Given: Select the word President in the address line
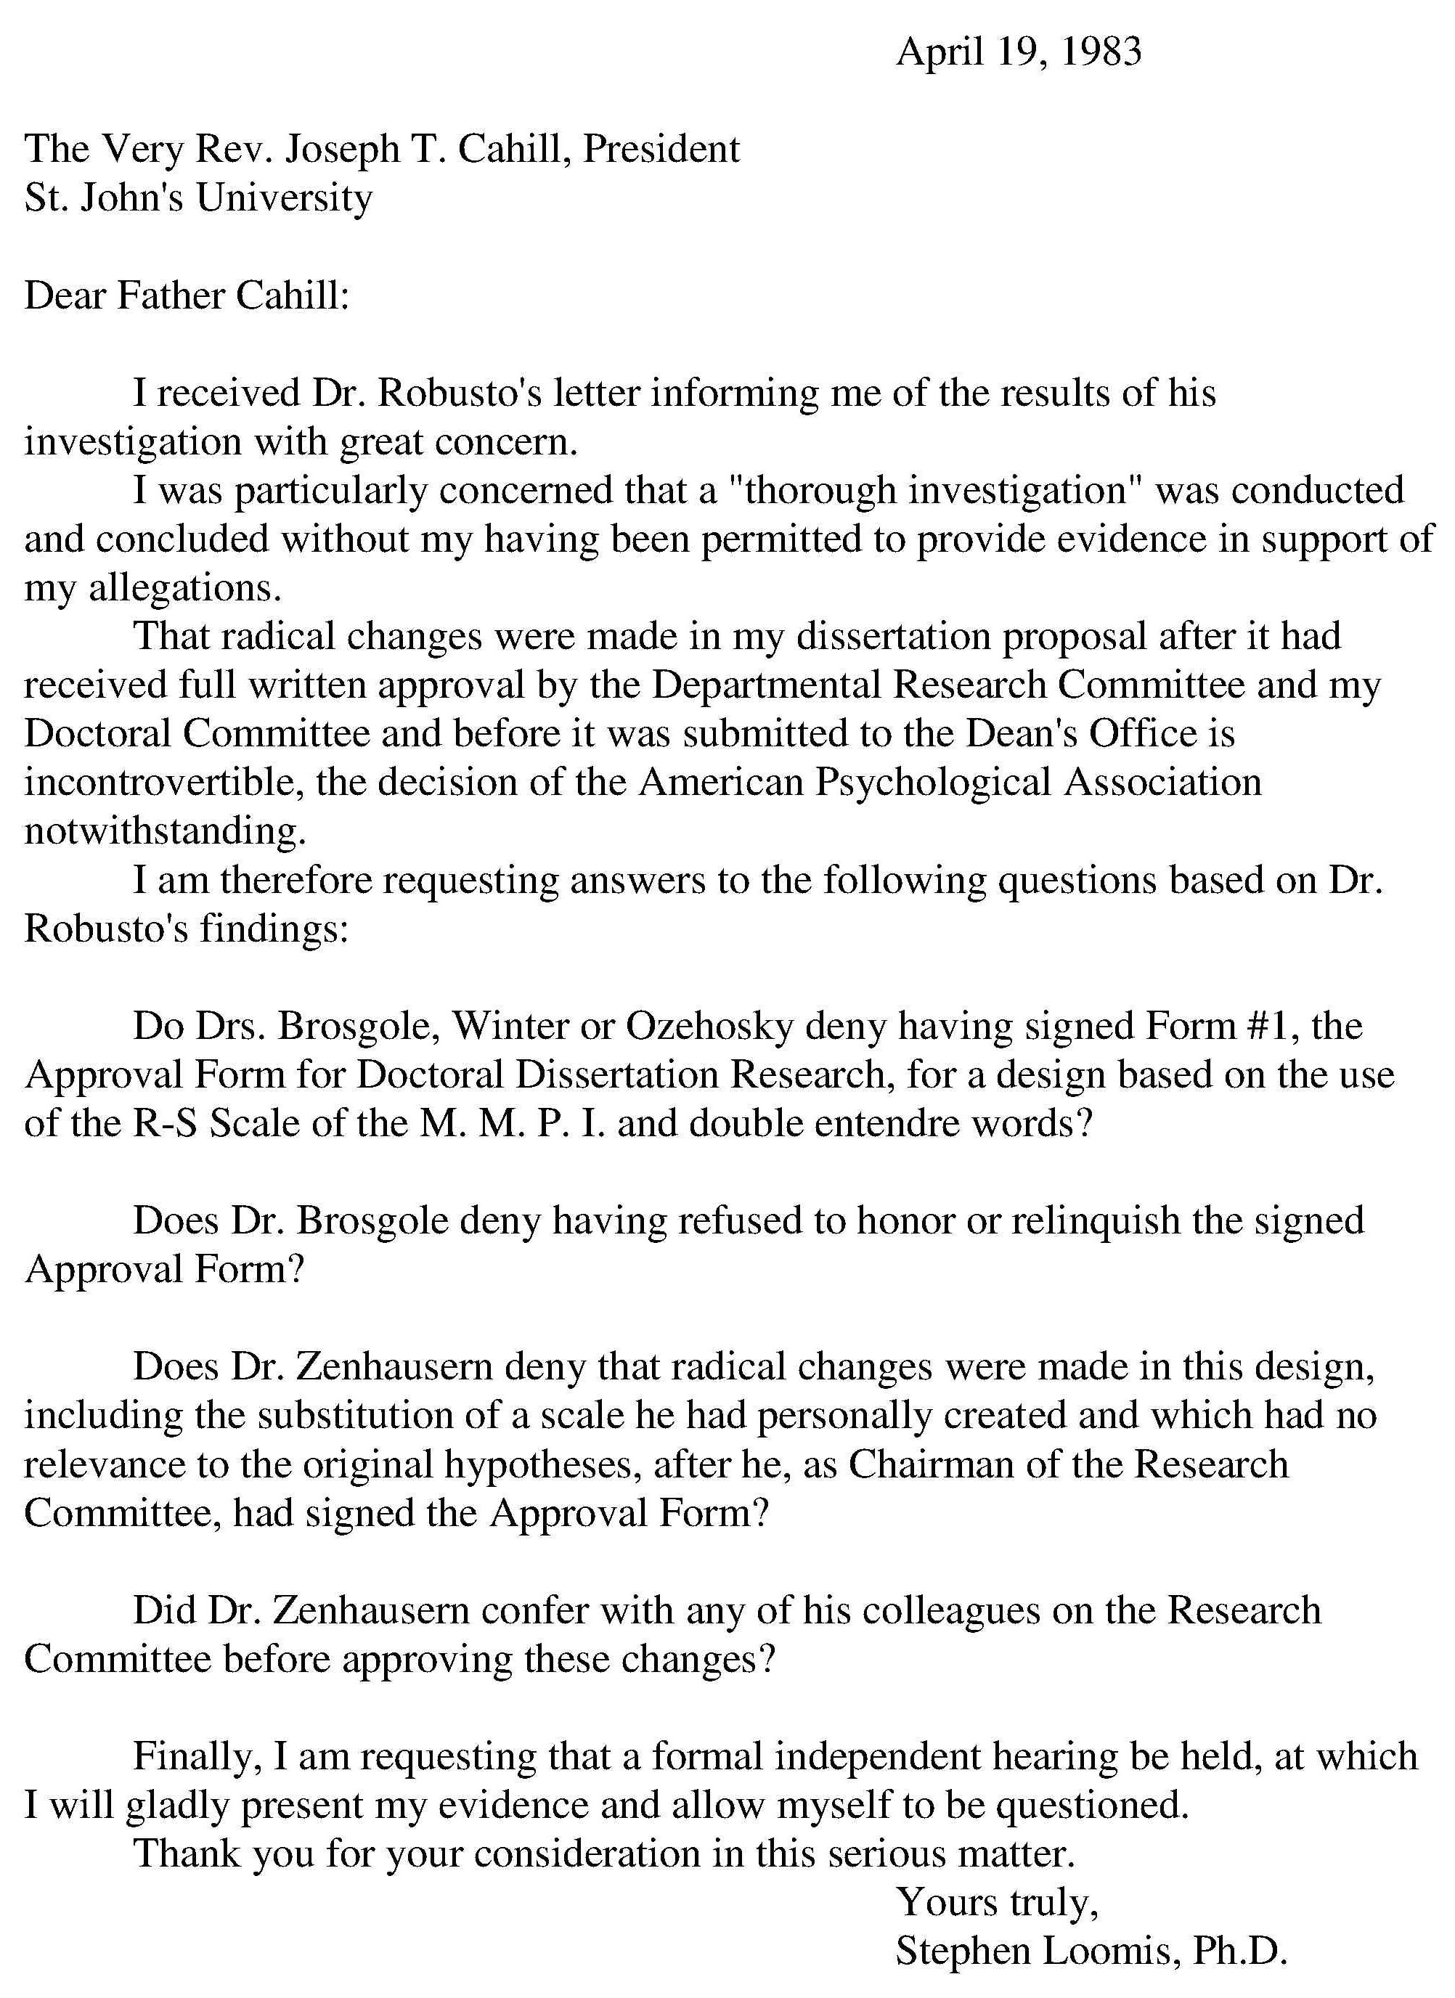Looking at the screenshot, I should click(x=661, y=150).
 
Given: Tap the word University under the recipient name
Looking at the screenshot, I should click(x=284, y=198).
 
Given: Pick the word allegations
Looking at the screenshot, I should click(x=184, y=587).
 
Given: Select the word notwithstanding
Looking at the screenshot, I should click(x=165, y=831).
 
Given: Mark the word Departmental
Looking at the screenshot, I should click(x=765, y=685).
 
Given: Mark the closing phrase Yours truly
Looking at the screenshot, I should click(x=997, y=1903).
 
